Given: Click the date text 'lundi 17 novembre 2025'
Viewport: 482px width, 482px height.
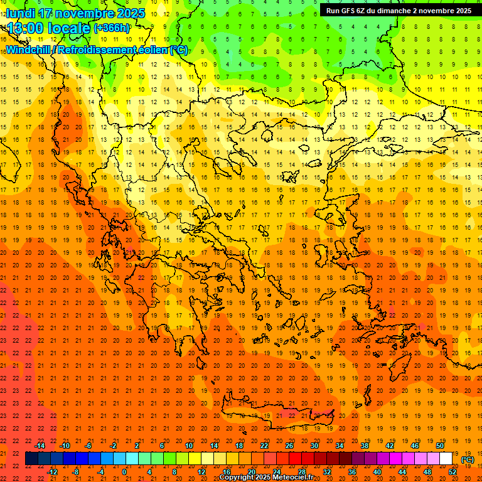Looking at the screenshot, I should [75, 13].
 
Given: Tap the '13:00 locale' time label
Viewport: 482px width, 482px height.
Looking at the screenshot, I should [48, 28].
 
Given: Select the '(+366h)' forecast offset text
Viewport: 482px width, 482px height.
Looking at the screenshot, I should [112, 28].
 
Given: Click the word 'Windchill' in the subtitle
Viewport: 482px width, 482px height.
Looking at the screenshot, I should [28, 50].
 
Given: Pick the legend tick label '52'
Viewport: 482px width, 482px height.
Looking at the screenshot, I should [453, 472].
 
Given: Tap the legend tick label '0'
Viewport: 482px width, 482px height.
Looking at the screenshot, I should [124, 472].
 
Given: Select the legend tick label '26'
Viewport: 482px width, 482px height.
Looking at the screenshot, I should [289, 446].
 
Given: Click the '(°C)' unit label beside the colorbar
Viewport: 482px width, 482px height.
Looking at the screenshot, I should [468, 459].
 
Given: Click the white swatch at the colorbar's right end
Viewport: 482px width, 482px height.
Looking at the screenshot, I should [446, 459].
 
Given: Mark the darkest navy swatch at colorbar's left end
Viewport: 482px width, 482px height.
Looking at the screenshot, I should [31, 459].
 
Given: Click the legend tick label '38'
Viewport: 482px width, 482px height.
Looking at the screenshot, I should [365, 446].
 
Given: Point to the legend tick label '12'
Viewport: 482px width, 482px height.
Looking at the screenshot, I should [201, 472].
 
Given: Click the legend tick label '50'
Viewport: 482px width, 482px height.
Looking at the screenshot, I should [440, 446].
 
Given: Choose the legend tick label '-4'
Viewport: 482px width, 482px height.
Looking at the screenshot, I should [101, 472].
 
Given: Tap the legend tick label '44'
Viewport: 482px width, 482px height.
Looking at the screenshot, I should [402, 472].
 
